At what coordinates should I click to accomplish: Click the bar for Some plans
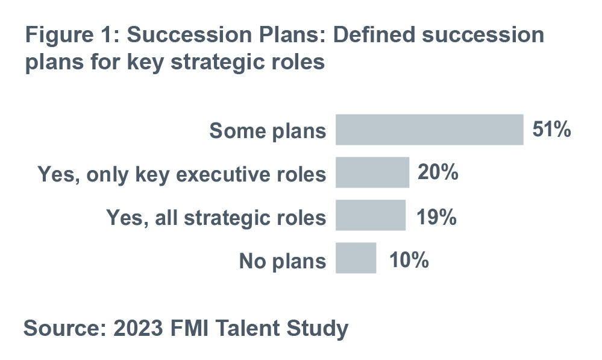tap(429, 130)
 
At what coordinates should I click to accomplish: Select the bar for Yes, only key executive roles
tap(372, 172)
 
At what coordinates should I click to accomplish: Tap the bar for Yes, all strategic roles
tap(371, 215)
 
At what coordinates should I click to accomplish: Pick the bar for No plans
tap(356, 258)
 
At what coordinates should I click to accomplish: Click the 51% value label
tap(551, 129)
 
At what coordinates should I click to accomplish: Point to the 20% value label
tap(437, 172)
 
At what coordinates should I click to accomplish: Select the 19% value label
tap(436, 217)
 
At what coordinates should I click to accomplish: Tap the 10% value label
tap(409, 260)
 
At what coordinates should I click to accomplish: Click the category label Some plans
tap(268, 131)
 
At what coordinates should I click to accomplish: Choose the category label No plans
tap(283, 261)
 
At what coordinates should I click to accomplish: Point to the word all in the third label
tap(166, 218)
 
